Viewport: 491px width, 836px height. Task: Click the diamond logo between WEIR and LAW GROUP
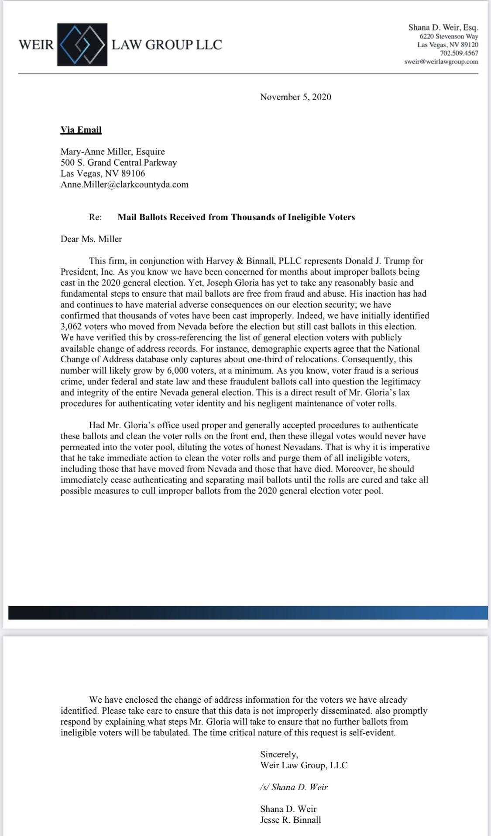[82, 44]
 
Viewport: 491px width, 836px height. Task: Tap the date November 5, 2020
[295, 97]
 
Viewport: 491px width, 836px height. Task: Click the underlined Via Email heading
[81, 130]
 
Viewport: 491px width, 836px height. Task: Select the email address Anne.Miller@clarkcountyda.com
[124, 184]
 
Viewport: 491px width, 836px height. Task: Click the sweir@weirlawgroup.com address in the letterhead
[441, 62]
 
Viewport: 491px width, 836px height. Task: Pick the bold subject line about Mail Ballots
[236, 217]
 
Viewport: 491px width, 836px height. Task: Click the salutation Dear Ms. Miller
[91, 239]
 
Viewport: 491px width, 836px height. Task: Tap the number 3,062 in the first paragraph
[72, 326]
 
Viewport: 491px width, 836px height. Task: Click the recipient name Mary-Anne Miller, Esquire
[113, 152]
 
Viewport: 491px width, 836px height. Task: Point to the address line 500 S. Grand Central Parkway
[119, 163]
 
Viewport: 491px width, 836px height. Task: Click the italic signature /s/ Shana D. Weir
[294, 787]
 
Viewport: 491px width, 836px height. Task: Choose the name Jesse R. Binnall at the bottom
[290, 820]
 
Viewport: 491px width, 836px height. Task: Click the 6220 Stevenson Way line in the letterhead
[449, 37]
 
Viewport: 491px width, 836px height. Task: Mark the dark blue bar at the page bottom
[248, 612]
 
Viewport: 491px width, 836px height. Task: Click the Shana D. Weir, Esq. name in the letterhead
[443, 28]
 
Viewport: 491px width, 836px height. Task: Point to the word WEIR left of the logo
[36, 45]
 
